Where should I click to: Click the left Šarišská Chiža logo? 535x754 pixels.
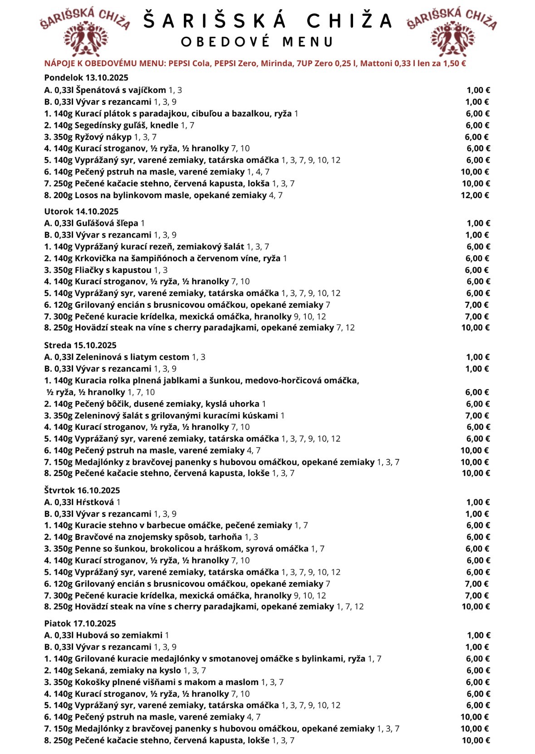85,32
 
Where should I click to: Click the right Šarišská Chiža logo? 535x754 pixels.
452,32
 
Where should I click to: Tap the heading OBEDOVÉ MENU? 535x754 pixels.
257,42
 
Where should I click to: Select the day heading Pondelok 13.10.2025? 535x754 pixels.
86,78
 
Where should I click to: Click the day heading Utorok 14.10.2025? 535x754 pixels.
81,211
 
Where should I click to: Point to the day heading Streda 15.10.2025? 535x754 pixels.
80,345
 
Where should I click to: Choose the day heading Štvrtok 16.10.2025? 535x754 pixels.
82,490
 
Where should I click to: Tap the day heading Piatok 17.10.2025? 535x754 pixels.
80,623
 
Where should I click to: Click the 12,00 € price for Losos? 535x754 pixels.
475,195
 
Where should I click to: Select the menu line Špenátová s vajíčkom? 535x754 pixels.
113,90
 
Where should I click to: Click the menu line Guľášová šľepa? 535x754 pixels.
94,223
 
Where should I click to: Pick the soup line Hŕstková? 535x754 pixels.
82,502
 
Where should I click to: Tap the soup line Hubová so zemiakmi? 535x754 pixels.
107,635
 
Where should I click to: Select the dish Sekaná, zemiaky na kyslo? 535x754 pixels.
125,671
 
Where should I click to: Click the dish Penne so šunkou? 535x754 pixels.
184,549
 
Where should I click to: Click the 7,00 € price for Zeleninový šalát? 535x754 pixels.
477,416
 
